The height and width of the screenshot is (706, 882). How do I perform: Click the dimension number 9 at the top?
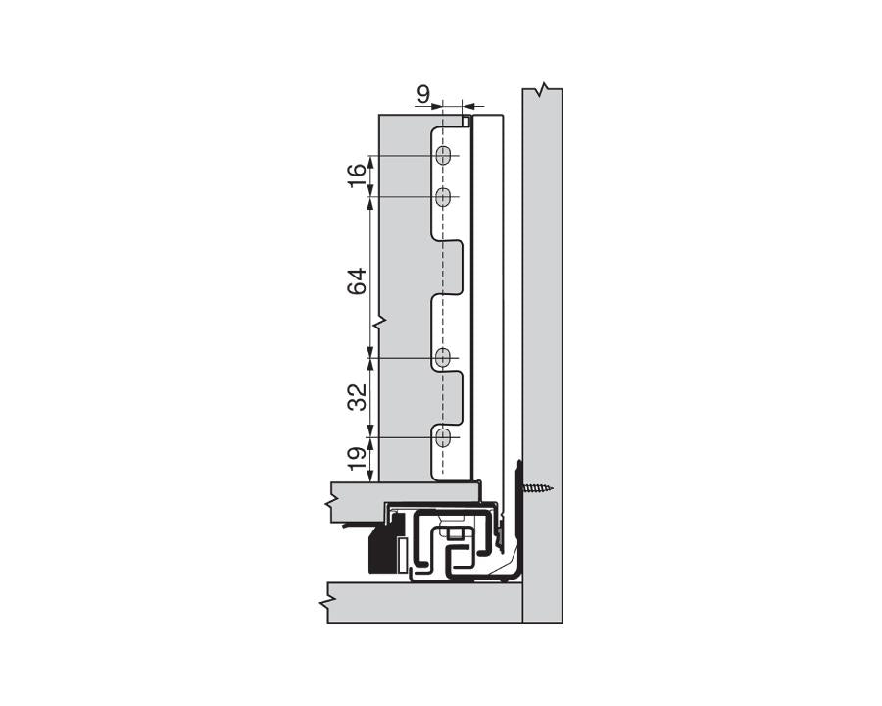(x=423, y=94)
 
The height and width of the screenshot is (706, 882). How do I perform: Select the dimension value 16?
(x=358, y=176)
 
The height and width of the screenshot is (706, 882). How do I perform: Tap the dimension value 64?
(x=358, y=280)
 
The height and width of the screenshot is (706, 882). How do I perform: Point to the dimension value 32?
(x=358, y=396)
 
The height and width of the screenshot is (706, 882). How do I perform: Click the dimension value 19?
(x=358, y=457)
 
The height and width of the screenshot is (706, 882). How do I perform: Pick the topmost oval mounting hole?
(x=443, y=156)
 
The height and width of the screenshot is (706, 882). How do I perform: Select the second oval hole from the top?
(x=443, y=197)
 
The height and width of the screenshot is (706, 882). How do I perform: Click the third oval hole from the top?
(x=443, y=358)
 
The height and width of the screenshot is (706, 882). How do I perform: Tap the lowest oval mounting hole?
(x=443, y=436)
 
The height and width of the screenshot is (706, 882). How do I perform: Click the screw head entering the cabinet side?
(x=536, y=487)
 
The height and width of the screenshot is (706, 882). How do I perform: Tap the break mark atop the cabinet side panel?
(x=541, y=90)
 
